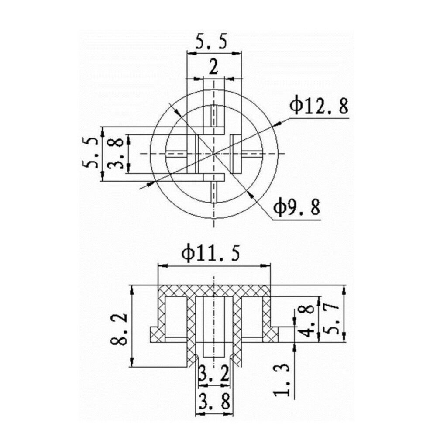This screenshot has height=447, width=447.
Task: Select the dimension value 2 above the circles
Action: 213,68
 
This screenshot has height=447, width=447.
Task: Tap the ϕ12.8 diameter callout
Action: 320,106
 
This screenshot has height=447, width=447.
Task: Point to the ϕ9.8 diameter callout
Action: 297,209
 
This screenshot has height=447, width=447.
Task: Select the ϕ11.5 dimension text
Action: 212,254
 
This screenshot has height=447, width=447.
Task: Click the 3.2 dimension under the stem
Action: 213,374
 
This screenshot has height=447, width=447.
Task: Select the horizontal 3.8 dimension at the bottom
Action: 213,400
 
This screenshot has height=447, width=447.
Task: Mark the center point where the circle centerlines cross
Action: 213,154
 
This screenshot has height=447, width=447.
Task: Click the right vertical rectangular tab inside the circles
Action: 235,154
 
